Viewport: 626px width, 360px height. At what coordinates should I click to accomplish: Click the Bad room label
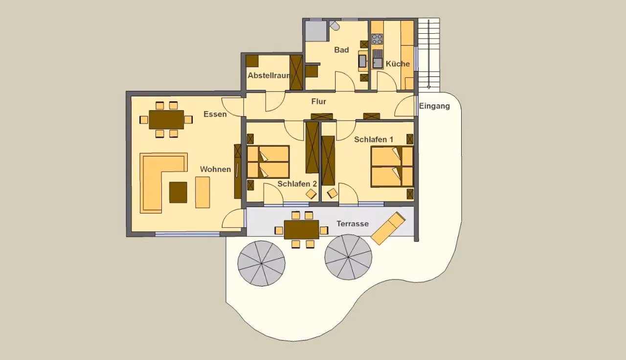point(341,50)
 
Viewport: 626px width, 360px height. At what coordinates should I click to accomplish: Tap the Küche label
point(398,64)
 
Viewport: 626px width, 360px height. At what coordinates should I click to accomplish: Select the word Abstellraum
point(268,75)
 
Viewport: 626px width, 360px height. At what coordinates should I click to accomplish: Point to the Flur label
point(318,101)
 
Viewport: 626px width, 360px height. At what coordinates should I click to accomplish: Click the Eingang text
point(434,106)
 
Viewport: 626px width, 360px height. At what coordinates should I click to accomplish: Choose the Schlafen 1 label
point(374,139)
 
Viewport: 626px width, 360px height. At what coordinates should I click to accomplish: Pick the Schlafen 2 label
point(297,184)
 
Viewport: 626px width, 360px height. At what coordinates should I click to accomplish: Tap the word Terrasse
point(353,224)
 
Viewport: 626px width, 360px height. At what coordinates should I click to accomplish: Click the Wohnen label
point(216,169)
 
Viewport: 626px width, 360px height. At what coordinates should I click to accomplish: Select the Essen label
point(215,114)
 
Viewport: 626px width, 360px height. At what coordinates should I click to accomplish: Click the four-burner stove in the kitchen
point(377,39)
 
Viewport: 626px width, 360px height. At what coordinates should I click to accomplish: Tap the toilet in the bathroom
point(334,26)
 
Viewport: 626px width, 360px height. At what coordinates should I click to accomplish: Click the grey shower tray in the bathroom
point(316,31)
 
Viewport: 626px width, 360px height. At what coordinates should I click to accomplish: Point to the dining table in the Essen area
point(166,120)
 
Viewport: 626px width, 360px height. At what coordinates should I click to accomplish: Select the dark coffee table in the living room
point(178,192)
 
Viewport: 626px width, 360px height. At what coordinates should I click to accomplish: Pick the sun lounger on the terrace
point(388,228)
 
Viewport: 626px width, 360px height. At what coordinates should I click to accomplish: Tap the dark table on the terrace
point(302,230)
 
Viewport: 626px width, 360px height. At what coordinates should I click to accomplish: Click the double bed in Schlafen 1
point(392,167)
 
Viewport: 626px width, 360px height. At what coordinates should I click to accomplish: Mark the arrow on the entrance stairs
point(429,54)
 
